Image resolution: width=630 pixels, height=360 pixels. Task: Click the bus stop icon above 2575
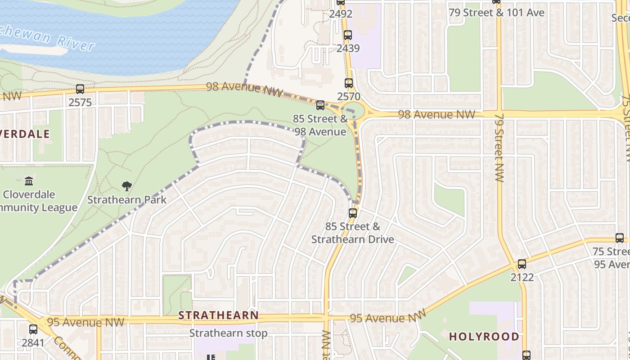click(80, 89)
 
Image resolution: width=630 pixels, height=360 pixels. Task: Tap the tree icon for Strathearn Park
click(127, 186)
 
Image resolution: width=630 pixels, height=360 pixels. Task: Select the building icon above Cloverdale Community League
click(29, 181)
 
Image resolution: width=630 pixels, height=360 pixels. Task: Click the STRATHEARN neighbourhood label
click(218, 315)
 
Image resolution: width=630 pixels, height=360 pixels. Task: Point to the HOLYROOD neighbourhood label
click(484, 337)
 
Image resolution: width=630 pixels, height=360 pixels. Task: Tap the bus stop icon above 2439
click(347, 35)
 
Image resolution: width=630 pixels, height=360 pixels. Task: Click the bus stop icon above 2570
click(349, 83)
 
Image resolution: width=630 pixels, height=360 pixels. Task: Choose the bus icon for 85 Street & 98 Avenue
click(320, 105)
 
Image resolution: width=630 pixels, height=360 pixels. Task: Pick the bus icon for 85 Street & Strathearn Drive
click(353, 213)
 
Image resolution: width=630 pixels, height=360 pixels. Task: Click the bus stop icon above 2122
click(522, 264)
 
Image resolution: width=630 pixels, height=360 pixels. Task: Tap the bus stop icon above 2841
click(33, 329)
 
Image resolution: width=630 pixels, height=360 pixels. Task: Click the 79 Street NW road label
click(499, 147)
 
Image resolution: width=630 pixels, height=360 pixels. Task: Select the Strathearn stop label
click(228, 333)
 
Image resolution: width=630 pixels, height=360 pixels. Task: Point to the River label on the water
click(76, 44)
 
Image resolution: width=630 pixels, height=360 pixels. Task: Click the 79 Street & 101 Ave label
click(496, 13)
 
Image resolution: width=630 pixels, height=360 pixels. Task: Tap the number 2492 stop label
click(341, 14)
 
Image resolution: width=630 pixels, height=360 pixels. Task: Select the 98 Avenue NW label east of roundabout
click(436, 115)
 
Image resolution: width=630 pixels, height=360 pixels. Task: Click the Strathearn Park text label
click(127, 200)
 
